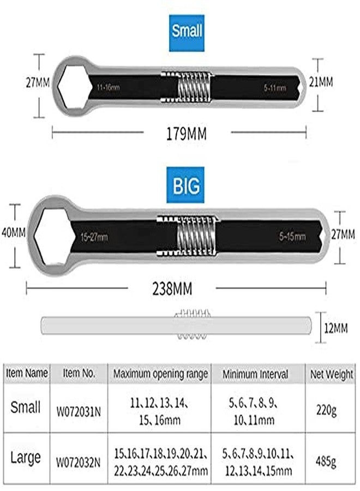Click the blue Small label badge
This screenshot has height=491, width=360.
(187, 33)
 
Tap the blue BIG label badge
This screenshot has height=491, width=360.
(185, 185)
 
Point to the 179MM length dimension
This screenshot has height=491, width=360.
(186, 134)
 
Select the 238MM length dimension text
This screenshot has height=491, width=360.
(172, 289)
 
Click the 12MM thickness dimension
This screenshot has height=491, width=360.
(336, 328)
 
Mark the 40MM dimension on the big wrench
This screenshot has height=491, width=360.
(14, 232)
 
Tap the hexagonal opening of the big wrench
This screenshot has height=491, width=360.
(54, 237)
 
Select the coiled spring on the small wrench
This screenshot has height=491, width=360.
(194, 87)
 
